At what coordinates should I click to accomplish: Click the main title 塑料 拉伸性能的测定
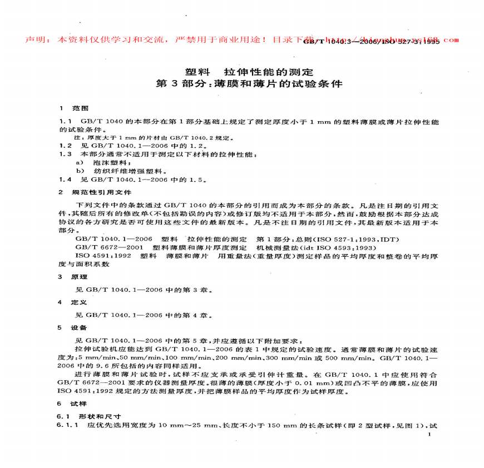tap(249, 72)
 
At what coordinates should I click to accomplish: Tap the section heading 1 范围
tap(73, 107)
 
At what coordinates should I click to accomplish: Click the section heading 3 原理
tap(73, 276)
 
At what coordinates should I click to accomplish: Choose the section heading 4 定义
tap(73, 302)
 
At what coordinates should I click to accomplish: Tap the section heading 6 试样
tap(73, 404)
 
